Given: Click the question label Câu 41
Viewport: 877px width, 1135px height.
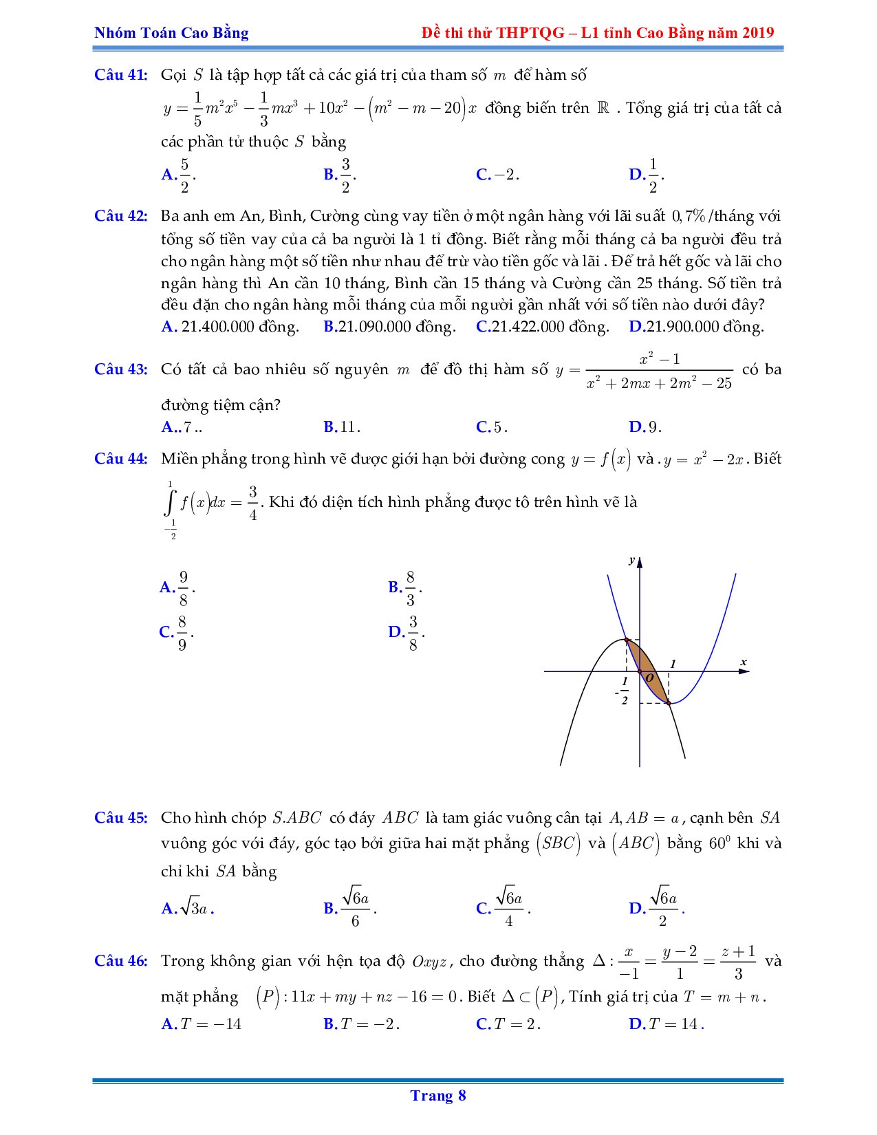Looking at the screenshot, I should [120, 75].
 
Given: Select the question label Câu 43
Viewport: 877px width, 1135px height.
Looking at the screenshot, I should [120, 369].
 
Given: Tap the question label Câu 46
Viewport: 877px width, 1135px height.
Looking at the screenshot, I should [120, 961].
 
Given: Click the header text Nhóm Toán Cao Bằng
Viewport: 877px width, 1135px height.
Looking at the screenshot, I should [171, 32].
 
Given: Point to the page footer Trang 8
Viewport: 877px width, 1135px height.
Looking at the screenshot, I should [438, 1095].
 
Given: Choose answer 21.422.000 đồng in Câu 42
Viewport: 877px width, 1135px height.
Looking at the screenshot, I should [543, 327].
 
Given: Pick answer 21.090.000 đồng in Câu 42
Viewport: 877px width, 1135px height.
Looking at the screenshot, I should [389, 327].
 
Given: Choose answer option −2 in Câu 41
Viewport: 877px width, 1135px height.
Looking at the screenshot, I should [497, 175].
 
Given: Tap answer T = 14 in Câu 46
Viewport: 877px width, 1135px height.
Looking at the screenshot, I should [666, 1024].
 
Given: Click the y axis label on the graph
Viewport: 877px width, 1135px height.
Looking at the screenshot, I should [631, 561].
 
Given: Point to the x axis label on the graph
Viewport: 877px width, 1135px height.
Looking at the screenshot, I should [743, 662].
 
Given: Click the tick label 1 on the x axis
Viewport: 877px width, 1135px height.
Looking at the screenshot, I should [673, 664].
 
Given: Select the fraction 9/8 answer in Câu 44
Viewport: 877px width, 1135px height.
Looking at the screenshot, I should [177, 587].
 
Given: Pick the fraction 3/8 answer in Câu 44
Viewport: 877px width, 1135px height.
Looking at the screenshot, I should [407, 632].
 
